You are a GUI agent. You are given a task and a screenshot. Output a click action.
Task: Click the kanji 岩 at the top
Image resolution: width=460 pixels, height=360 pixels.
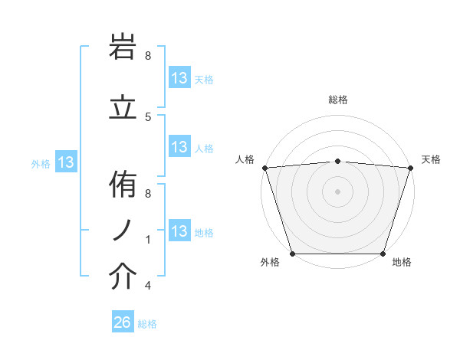123,47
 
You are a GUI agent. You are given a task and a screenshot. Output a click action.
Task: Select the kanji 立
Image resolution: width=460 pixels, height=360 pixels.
123,109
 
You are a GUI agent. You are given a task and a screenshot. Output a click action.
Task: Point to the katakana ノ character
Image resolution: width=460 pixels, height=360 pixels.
123,230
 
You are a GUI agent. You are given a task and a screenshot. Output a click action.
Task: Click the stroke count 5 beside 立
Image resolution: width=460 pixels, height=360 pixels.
148,116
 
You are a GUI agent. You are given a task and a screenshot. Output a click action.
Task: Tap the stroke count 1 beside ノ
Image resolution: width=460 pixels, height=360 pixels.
148,240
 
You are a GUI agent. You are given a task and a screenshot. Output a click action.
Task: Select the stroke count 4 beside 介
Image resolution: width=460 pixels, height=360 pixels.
148,286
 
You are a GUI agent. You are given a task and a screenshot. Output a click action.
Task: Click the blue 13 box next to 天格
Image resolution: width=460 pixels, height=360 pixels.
179,78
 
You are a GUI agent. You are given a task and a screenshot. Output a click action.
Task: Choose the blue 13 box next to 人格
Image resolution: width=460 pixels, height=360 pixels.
179,147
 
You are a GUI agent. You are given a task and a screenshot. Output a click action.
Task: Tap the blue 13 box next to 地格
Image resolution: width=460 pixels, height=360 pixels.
179,231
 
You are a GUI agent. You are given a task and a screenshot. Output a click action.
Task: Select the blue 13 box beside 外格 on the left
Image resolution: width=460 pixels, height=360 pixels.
66,162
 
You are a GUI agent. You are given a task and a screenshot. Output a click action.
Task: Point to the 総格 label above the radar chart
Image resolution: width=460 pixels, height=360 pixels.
338,100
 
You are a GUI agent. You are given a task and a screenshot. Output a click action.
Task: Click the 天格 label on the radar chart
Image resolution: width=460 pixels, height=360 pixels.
431,159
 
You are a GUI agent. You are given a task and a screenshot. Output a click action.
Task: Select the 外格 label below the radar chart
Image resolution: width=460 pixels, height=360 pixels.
270,263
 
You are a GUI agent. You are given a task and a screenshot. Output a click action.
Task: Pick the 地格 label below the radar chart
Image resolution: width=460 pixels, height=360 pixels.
402,263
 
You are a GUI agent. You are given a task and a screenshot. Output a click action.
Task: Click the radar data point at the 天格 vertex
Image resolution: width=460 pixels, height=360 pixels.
410,168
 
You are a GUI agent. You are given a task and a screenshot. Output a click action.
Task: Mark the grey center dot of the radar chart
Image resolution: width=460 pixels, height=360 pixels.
338,191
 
